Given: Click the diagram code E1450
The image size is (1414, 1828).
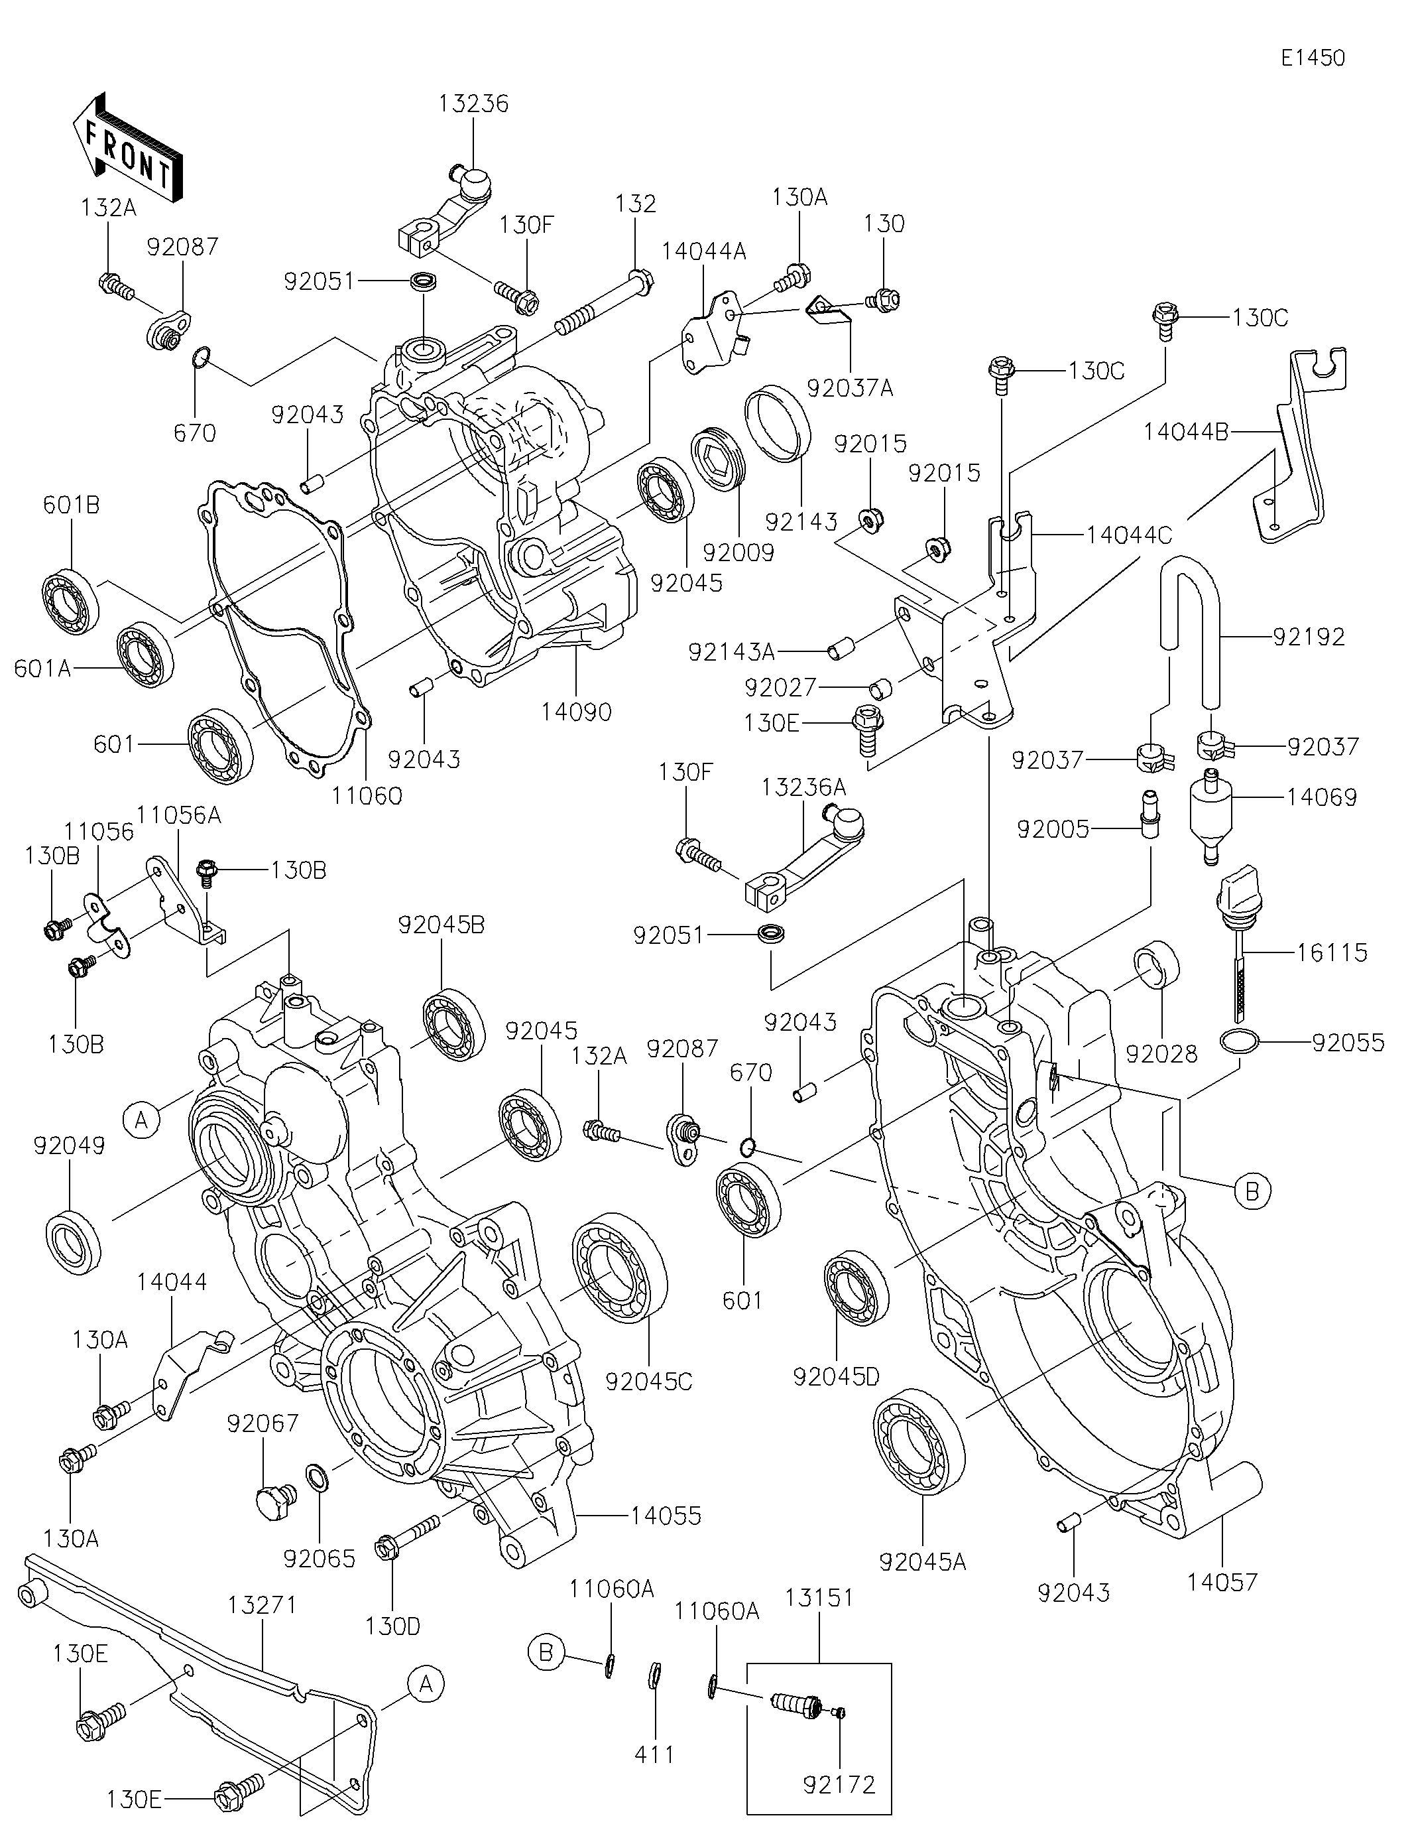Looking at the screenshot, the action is coord(1313,58).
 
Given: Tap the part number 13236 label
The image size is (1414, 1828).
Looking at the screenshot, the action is coord(473,103).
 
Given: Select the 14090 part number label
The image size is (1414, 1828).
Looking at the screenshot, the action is coord(577,712).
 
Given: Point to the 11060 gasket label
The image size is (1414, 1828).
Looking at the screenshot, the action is coord(367,795).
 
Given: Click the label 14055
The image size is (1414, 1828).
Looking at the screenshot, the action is coord(666,1516).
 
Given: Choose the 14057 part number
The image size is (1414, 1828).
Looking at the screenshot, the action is coord(1222,1582).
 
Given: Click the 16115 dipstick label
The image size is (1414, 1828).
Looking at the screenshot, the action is coord(1333,952).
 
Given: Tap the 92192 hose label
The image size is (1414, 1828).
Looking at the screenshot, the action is coord(1309,637).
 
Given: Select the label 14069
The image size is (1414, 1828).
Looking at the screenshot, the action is coord(1322,797).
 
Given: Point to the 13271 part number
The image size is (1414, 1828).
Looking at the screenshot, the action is coord(263,1605).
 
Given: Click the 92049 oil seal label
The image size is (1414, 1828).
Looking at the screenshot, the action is coord(70,1146).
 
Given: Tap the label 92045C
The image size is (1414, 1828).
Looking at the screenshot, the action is coord(649,1380).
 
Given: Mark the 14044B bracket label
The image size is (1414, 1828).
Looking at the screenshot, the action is coord(1187,432).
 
